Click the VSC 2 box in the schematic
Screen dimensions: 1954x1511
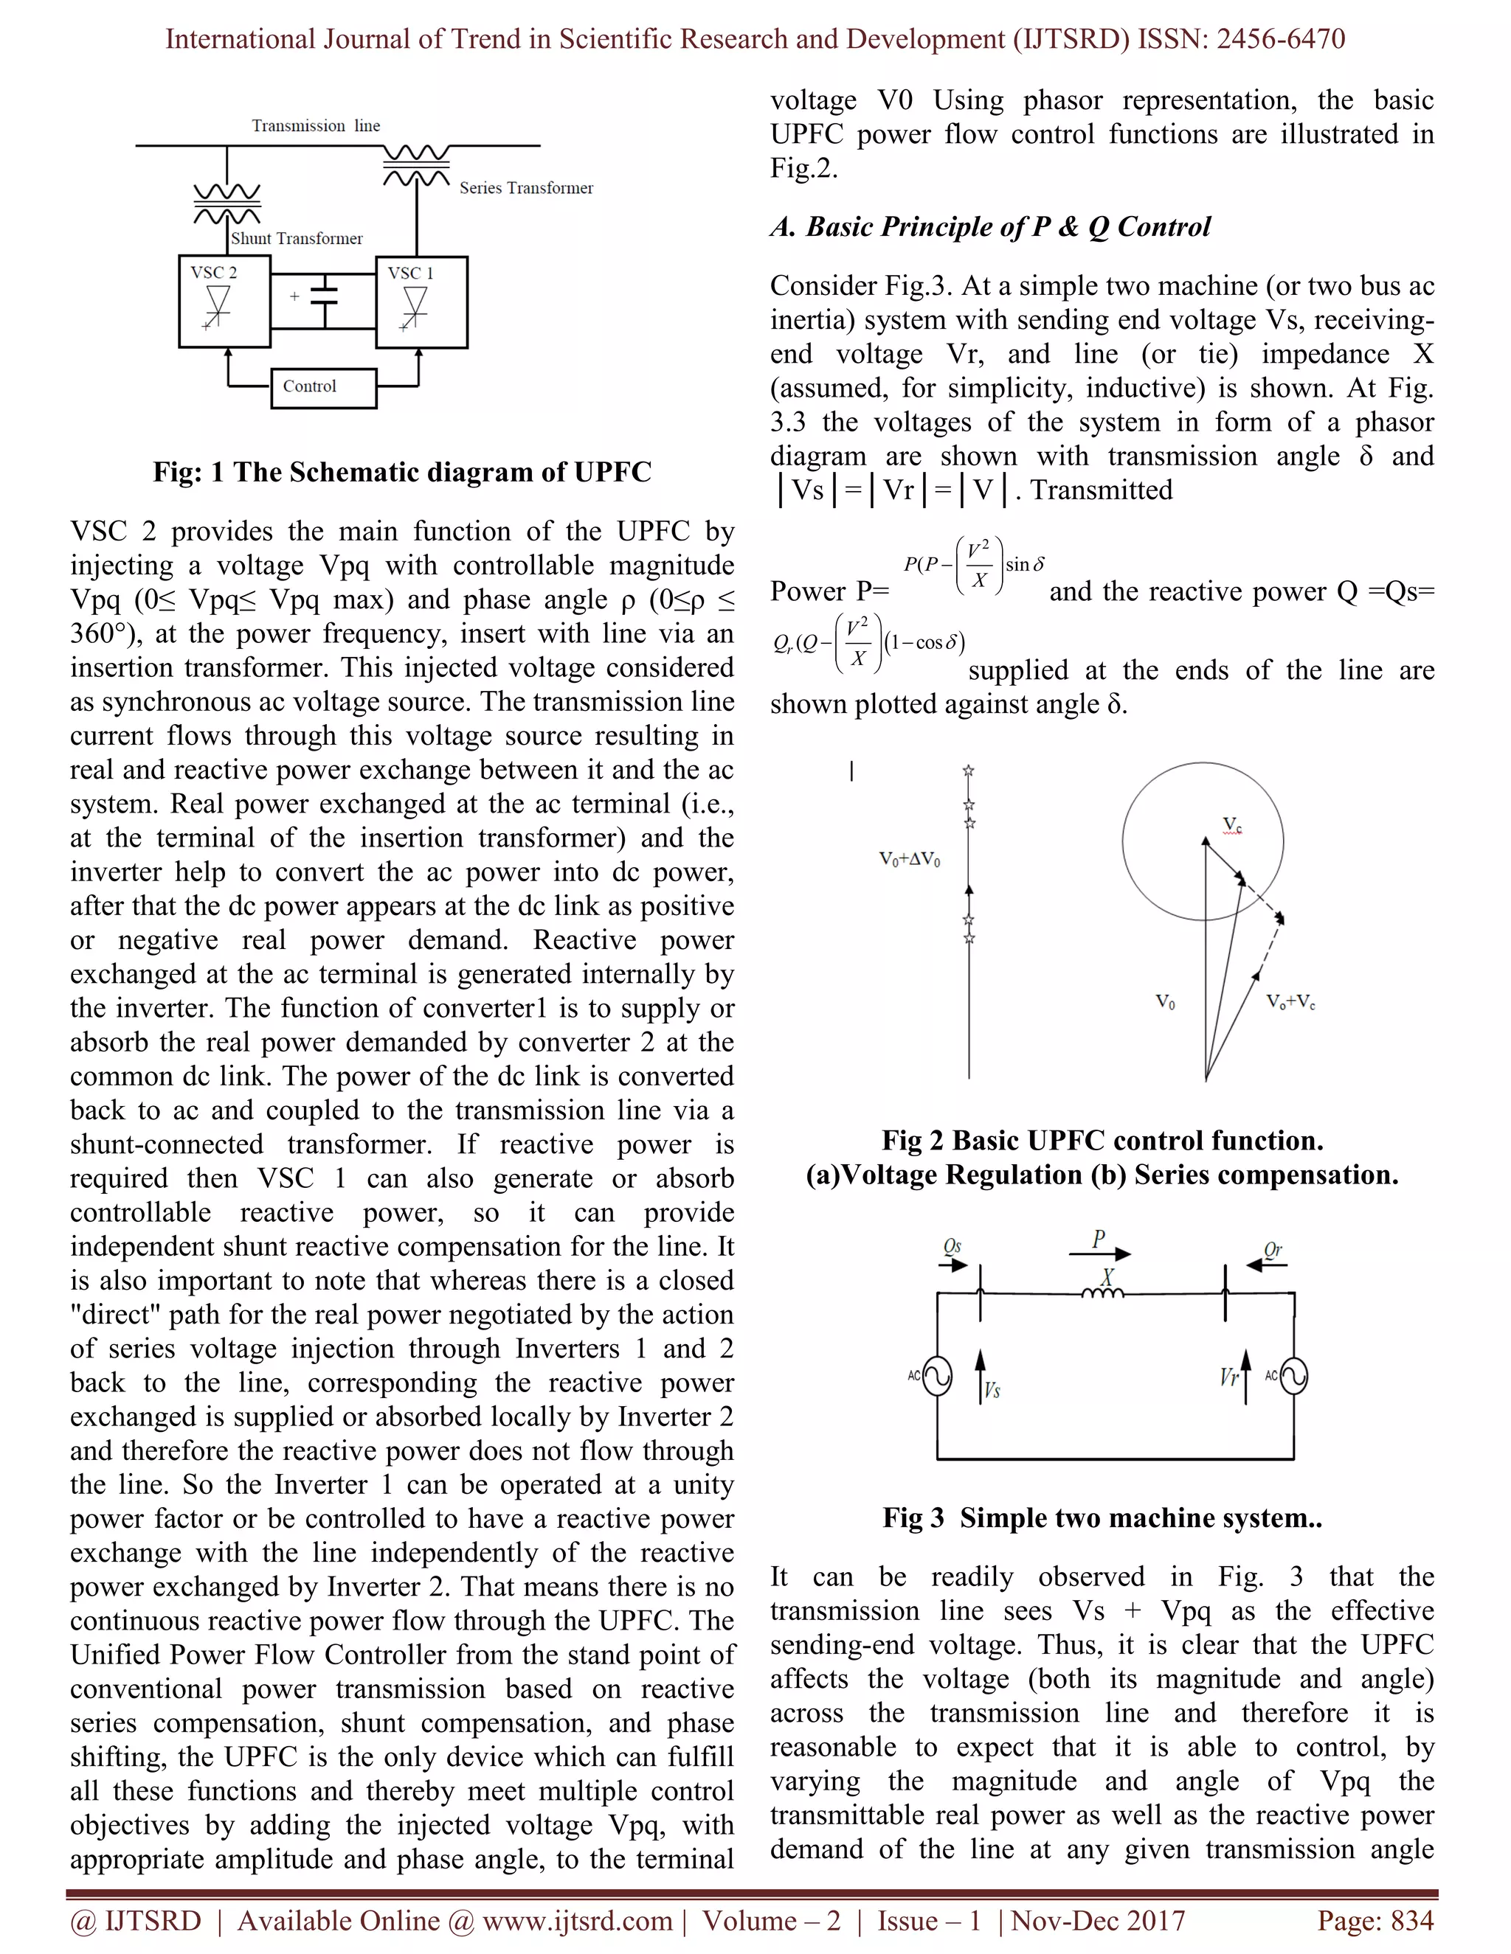224,302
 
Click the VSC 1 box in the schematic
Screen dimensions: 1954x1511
421,302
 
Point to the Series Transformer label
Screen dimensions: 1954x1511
526,188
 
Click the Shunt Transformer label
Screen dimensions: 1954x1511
297,239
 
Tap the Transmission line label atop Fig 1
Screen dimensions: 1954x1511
316,126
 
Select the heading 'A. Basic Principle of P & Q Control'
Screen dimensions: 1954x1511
990,226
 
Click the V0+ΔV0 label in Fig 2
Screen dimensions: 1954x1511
910,860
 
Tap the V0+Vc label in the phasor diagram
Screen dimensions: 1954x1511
1290,1002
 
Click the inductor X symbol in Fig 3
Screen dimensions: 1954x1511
1103,1291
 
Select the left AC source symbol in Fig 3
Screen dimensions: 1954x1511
936,1377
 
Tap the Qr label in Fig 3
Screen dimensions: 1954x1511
1272,1250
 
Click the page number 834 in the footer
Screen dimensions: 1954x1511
1411,1921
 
